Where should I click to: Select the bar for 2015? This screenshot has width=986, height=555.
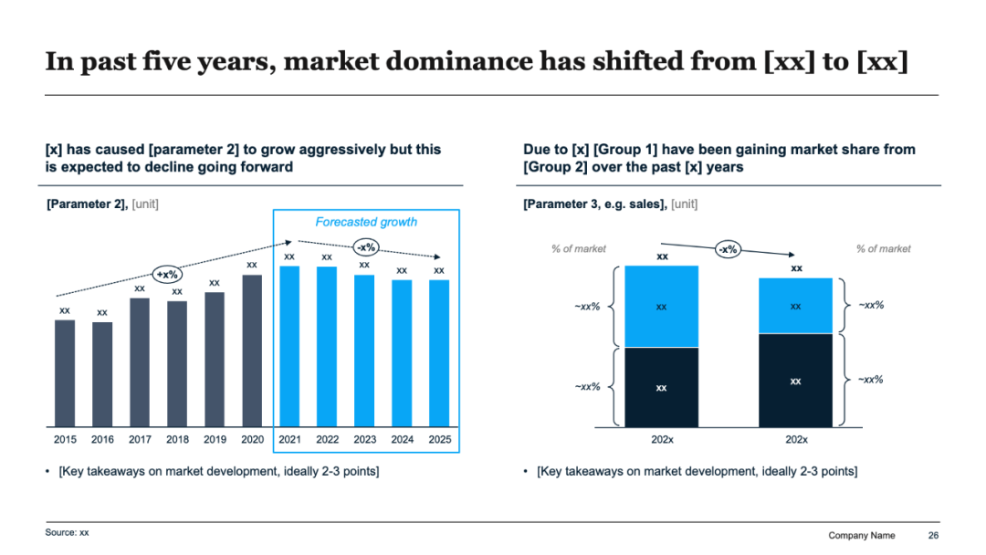65,373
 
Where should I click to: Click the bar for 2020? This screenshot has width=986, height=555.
252,351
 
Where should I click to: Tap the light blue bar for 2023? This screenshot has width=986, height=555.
364,351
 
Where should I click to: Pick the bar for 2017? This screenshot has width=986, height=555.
140,362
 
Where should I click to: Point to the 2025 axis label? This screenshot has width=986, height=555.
440,439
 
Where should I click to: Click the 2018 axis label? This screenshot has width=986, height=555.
177,439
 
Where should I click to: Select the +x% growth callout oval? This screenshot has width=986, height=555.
167,273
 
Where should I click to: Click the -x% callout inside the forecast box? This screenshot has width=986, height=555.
366,246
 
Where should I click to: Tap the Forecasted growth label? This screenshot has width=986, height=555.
366,222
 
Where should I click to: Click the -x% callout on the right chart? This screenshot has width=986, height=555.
728,249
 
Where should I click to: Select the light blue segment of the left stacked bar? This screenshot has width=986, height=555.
662,307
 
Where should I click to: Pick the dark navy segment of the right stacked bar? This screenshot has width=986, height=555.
796,381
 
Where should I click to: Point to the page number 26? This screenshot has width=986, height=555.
933,535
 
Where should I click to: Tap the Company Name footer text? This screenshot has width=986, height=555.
861,535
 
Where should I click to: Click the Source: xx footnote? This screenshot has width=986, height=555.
68,531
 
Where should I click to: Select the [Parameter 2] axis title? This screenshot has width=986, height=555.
87,204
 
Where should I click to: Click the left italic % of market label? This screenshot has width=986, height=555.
578,248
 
